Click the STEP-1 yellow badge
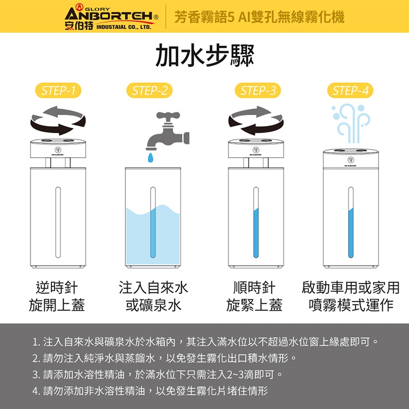click(x=58, y=91)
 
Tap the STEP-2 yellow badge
click(x=149, y=91)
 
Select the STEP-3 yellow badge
click(x=258, y=91)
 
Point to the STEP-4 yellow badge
click(x=350, y=91)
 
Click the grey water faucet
click(x=167, y=132)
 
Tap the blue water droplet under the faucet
click(x=151, y=158)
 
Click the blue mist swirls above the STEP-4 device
click(x=351, y=123)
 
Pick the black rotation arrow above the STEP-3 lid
click(x=261, y=128)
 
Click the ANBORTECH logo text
click(x=109, y=15)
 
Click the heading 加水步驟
click(x=204, y=56)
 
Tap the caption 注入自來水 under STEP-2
click(x=153, y=288)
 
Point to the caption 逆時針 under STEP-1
click(x=57, y=288)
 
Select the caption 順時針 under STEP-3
click(x=254, y=288)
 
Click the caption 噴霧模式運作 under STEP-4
click(x=351, y=305)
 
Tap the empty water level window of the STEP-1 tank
click(x=58, y=222)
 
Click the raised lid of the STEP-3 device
click(x=256, y=148)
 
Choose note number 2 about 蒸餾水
click(x=165, y=358)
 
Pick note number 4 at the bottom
click(x=151, y=391)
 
